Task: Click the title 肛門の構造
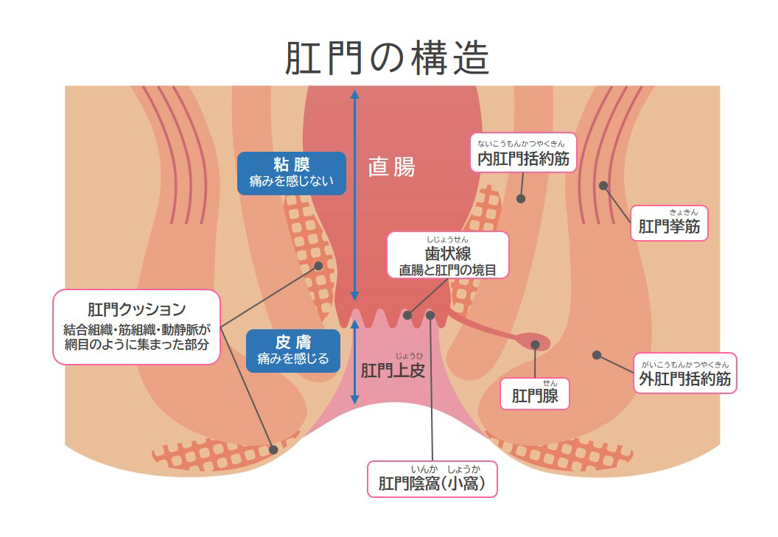[x=388, y=58]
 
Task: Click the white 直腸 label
[x=391, y=167]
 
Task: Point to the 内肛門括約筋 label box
[x=523, y=153]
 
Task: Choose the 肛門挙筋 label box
[x=669, y=223]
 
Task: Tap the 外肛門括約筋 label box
[x=685, y=374]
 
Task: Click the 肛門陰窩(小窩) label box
[x=432, y=479]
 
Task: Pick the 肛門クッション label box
[x=136, y=326]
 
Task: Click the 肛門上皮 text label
[x=393, y=370]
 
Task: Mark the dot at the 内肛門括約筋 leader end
[x=521, y=198]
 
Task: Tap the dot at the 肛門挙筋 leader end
[x=603, y=186]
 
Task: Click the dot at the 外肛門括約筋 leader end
[x=597, y=355]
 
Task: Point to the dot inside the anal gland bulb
[x=536, y=344]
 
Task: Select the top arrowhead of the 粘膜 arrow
[x=354, y=94]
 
